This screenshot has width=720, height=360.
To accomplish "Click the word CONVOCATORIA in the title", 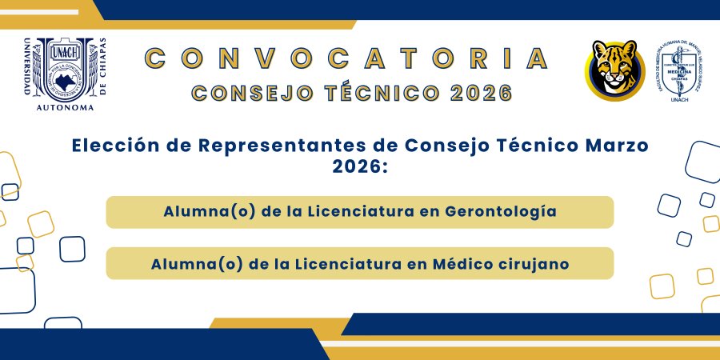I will tap(347, 58).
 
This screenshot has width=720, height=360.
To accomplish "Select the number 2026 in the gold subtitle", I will tap(480, 93).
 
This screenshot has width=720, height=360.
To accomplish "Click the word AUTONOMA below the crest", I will tap(66, 106).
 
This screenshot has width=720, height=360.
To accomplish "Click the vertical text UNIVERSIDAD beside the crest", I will tap(29, 68).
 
